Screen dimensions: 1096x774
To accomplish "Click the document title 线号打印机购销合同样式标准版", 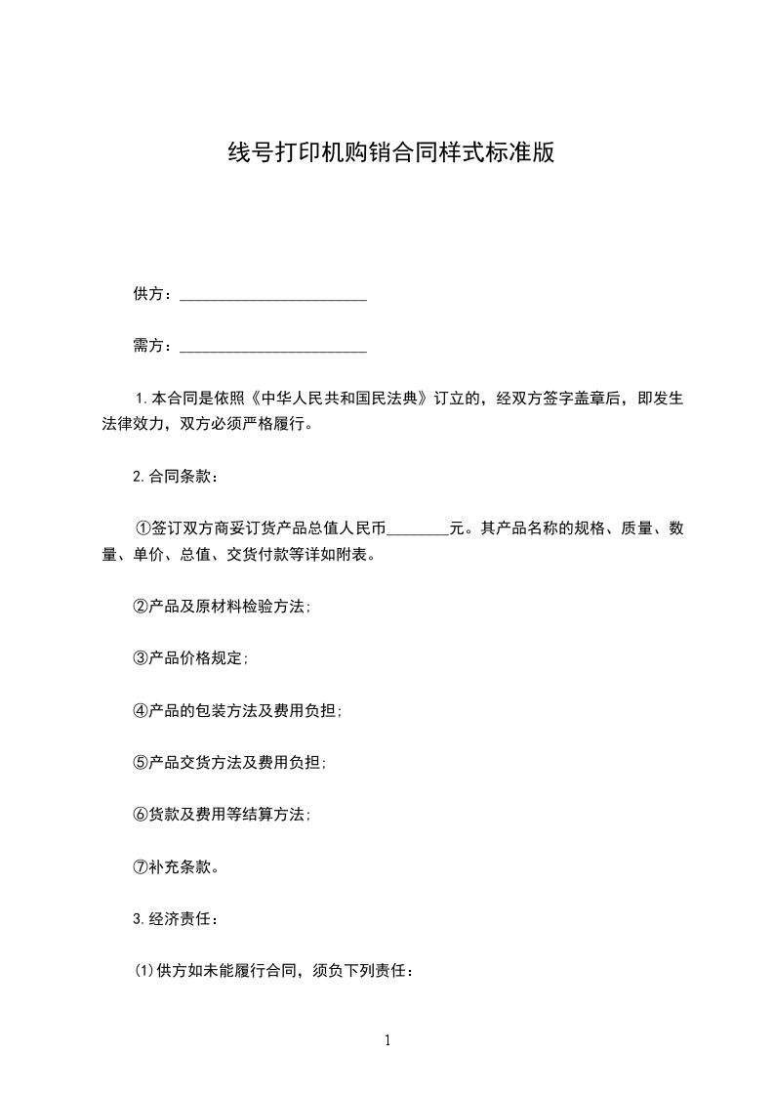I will (390, 153).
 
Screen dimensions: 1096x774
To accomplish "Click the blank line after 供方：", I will (274, 297).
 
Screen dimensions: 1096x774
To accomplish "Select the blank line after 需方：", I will (274, 348).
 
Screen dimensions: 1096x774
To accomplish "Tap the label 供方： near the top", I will (153, 294).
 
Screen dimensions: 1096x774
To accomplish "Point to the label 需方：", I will (153, 345).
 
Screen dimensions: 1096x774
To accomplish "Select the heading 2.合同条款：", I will (176, 478).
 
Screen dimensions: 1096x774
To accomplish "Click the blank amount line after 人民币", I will (417, 532).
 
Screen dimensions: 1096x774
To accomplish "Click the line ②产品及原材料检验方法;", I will (222, 607).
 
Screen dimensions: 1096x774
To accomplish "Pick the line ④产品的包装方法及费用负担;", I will (237, 710).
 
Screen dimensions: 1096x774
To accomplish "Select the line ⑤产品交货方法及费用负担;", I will (229, 762).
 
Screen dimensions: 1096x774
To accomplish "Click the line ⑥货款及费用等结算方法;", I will (222, 814).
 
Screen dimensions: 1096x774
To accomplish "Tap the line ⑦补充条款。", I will (176, 866).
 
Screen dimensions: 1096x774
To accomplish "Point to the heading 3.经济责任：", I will (176, 918).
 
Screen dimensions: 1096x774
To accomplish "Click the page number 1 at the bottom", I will (387, 1041).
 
